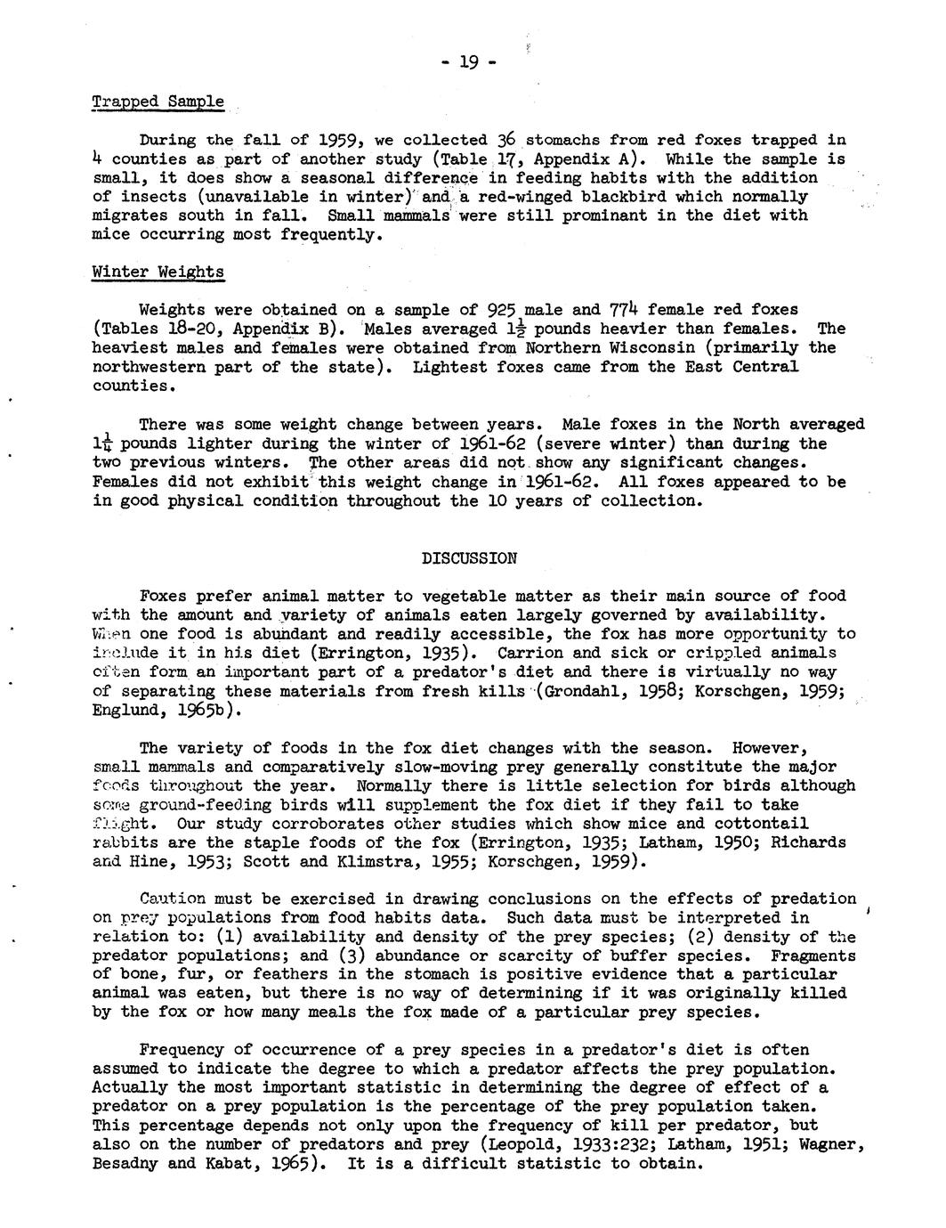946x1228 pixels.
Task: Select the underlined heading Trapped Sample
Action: [x=158, y=102]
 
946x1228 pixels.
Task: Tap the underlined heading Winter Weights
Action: [x=158, y=272]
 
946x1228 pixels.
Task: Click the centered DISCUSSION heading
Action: [x=469, y=558]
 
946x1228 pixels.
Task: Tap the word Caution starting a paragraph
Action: [x=173, y=899]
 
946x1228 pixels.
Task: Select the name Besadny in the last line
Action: [x=125, y=1164]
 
